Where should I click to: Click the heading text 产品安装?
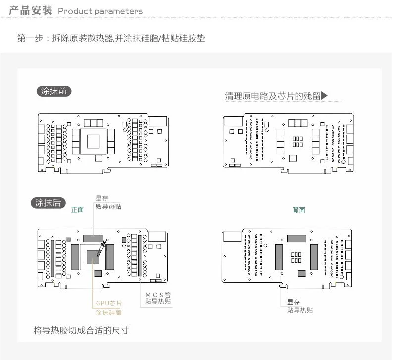(30, 10)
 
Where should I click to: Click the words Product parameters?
(100, 11)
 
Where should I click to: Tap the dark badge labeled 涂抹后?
(48, 202)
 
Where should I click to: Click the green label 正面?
(78, 210)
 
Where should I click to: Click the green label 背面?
(299, 210)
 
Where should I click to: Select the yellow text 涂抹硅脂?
(108, 312)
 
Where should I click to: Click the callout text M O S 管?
(158, 295)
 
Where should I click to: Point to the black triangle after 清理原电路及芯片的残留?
(325, 95)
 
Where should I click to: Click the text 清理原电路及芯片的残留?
(273, 96)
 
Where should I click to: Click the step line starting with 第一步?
(111, 38)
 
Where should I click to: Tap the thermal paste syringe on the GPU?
(101, 248)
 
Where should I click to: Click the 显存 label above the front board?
(101, 199)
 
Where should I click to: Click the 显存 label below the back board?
(293, 302)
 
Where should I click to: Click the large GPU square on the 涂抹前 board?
(93, 141)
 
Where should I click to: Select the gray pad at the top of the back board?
(297, 238)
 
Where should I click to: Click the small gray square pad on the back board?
(301, 273)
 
